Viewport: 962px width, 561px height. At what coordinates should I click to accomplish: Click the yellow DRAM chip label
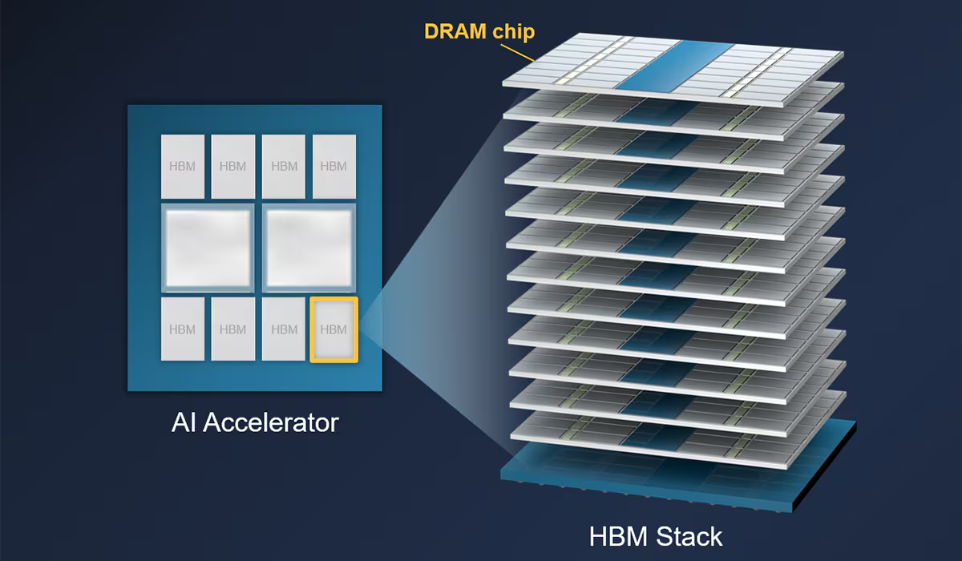point(479,31)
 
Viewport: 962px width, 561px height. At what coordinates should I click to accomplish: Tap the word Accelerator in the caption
point(271,422)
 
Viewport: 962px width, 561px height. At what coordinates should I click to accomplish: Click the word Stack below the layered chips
point(689,536)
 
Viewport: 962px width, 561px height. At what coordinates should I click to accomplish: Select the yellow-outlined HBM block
point(333,329)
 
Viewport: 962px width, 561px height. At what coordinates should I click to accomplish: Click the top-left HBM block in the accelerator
point(183,167)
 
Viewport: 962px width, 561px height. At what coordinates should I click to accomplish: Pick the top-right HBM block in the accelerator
point(334,167)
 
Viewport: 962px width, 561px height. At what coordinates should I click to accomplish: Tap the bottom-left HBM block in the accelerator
point(183,329)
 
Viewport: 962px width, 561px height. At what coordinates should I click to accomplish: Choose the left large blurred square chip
point(208,248)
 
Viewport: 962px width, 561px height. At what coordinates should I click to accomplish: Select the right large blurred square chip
point(309,248)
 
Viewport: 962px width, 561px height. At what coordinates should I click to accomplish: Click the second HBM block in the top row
point(233,167)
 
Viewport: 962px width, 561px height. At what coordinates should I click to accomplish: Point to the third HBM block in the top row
point(284,167)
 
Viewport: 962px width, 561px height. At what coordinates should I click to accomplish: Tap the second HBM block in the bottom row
point(233,329)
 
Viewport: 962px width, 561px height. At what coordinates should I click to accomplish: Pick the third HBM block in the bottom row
point(284,329)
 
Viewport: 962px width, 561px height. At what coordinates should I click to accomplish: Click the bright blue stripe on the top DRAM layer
point(674,66)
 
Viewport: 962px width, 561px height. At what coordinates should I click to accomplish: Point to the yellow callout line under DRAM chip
point(518,53)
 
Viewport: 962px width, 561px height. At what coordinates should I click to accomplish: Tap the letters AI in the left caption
point(184,422)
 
